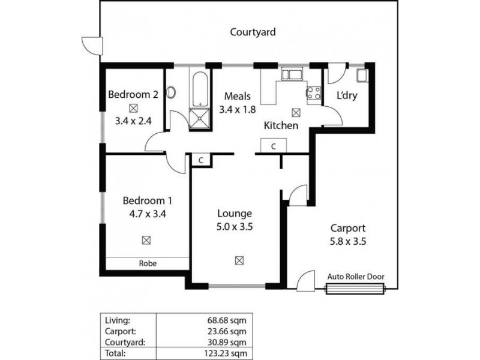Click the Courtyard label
pyautogui.click(x=253, y=32)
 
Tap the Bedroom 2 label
pyautogui.click(x=133, y=94)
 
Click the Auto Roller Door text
pyautogui.click(x=356, y=277)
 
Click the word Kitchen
pyautogui.click(x=281, y=125)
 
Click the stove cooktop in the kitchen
pyautogui.click(x=313, y=92)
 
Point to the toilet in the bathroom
pyautogui.click(x=171, y=93)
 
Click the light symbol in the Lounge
pyautogui.click(x=239, y=260)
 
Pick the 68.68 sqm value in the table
pyautogui.click(x=230, y=319)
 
